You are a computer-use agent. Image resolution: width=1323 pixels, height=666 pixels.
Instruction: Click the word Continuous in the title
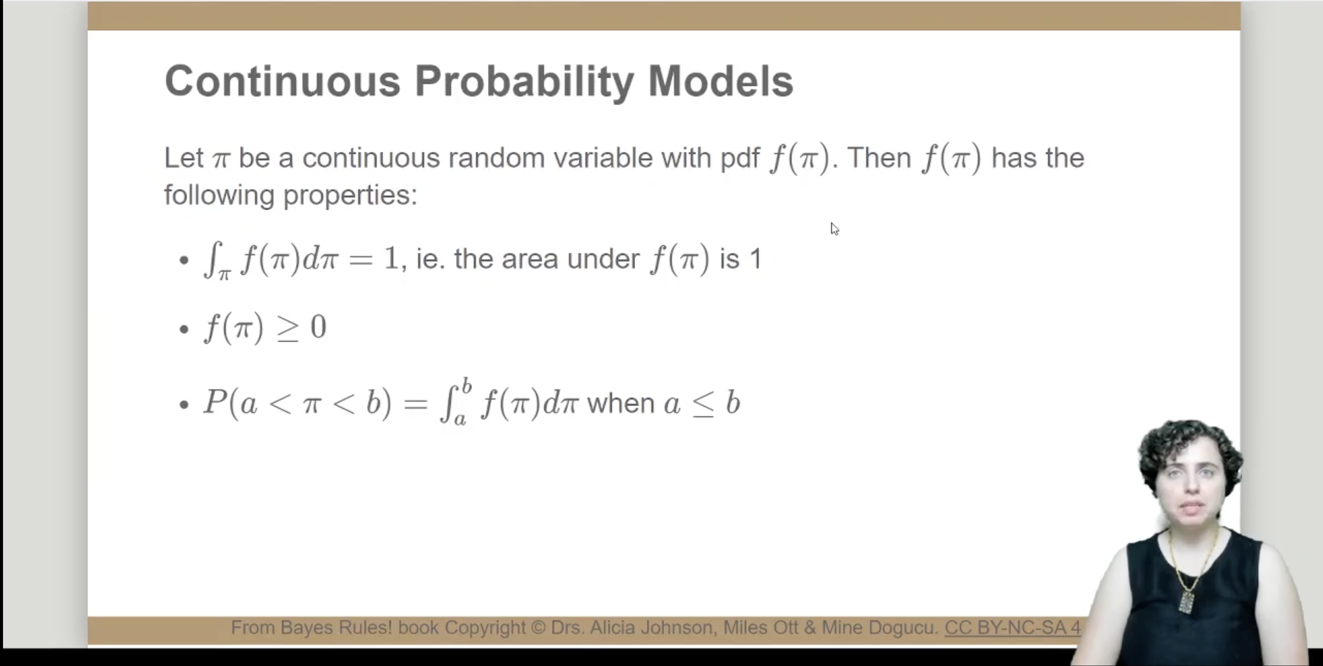click(282, 81)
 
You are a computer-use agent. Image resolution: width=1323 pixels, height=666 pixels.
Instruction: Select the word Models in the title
click(721, 81)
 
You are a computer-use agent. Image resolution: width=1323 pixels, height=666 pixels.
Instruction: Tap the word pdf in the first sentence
click(740, 158)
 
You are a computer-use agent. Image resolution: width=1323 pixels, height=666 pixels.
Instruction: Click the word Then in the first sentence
click(879, 158)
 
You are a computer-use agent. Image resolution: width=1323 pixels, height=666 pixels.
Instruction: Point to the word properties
click(350, 196)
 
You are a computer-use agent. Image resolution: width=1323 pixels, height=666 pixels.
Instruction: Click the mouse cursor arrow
click(835, 229)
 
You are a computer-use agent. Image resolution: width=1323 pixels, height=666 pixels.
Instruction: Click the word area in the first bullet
click(529, 259)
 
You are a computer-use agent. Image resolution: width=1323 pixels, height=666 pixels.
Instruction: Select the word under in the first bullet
click(603, 259)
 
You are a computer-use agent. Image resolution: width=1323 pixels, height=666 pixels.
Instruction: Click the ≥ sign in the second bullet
click(288, 328)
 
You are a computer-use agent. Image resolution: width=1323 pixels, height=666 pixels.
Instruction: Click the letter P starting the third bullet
click(216, 401)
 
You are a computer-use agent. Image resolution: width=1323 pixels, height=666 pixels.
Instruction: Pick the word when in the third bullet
click(621, 403)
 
